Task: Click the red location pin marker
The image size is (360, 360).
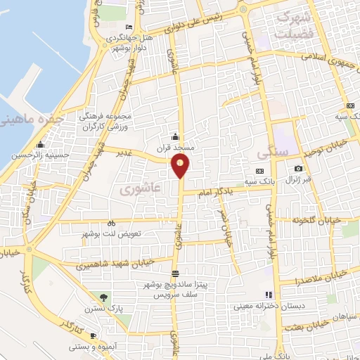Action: [x=181, y=165]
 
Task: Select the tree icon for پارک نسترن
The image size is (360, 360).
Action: [x=104, y=297]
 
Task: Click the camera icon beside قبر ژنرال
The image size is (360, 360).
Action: [x=298, y=169]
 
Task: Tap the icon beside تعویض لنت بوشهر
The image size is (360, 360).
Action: [x=111, y=224]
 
